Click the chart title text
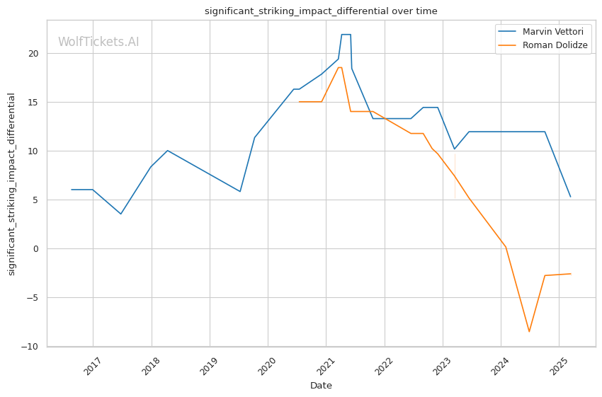[x=321, y=11]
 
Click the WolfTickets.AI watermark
[x=98, y=42]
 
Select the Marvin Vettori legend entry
[x=552, y=32]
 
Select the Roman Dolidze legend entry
[x=555, y=45]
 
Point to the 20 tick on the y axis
[x=37, y=54]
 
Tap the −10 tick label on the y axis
[x=33, y=347]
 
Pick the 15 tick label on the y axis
[x=37, y=103]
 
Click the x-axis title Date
[x=321, y=386]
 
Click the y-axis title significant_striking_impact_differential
[x=11, y=184]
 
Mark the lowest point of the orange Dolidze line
[x=528, y=332]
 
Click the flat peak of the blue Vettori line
[x=346, y=35]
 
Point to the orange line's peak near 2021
[x=340, y=67]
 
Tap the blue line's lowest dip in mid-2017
[x=120, y=214]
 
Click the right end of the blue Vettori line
[x=570, y=197]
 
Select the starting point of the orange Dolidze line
[x=299, y=102]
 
